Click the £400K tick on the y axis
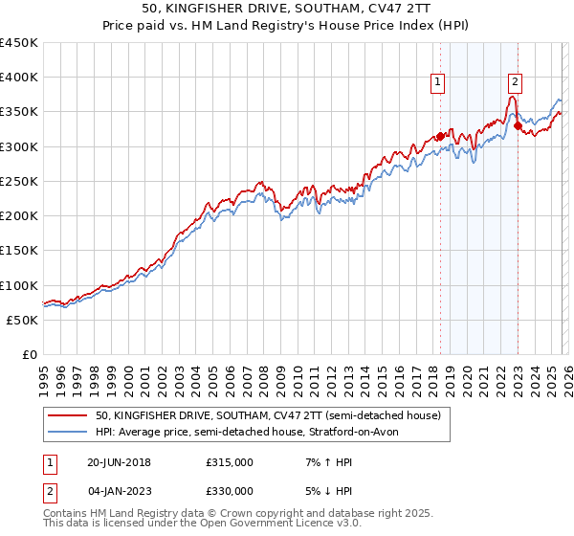19,78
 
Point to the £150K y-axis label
19,251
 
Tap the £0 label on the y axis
31,355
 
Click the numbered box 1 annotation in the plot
437,82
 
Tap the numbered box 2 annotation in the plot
515,82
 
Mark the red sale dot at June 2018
440,136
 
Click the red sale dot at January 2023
518,125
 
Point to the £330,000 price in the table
230,490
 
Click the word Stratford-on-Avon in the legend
372,433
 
